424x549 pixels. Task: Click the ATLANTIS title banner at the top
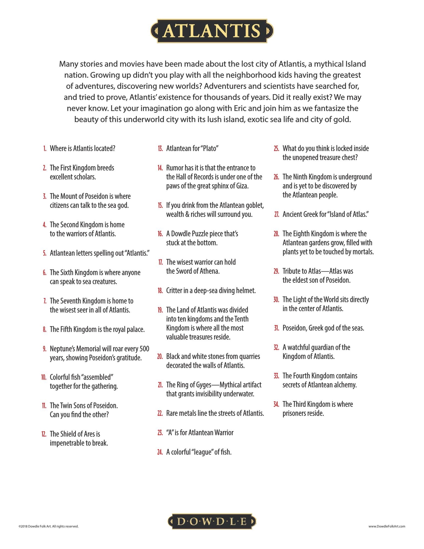212,31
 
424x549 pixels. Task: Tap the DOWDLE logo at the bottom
212,522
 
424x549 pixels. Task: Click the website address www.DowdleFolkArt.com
387,526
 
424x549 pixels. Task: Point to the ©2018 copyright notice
48,526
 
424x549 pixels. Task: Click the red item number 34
276,404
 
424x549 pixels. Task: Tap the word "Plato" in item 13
209,148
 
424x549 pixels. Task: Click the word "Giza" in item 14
242,186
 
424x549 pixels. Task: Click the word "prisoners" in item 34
293,413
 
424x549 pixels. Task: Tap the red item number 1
45,148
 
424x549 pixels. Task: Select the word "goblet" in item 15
254,205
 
